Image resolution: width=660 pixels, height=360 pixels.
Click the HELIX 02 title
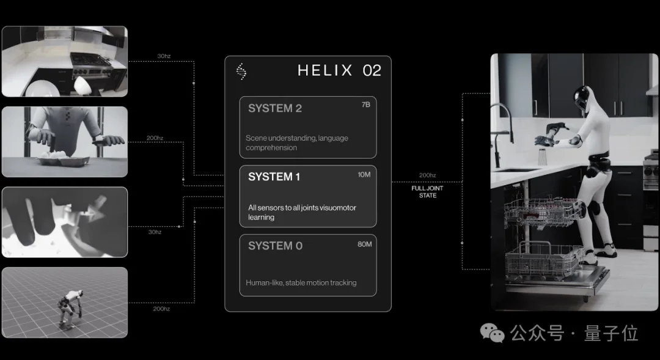coord(339,70)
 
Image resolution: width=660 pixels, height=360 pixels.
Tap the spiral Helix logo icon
coord(241,71)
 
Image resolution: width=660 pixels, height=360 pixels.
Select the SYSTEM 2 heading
coord(275,108)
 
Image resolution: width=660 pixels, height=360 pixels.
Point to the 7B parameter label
coord(366,105)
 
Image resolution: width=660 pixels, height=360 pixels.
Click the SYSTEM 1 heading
coord(274,177)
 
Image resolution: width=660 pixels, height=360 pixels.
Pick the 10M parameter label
coord(364,174)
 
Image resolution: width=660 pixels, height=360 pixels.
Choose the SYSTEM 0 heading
coord(275,246)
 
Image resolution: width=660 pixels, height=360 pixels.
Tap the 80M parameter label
coord(364,244)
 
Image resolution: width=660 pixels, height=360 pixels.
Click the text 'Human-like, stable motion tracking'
coord(301,283)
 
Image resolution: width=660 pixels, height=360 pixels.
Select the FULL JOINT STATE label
coord(427,192)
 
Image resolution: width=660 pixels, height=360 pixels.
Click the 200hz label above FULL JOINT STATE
coord(427,175)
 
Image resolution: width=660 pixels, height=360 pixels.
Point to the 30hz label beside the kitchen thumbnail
coord(164,56)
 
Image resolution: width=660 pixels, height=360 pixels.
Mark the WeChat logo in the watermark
coord(492,332)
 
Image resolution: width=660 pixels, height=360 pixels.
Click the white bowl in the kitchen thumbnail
coord(83,86)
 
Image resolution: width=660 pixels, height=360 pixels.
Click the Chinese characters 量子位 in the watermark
coord(610,333)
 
